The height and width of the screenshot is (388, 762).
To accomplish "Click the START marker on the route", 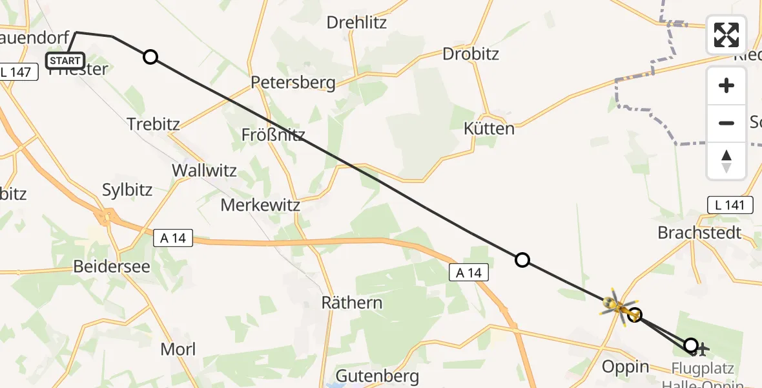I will (x=65, y=61).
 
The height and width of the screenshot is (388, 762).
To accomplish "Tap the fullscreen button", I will (x=726, y=35).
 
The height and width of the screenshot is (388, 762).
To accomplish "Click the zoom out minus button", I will (x=726, y=123).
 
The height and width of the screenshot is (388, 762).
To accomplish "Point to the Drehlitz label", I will (x=356, y=23).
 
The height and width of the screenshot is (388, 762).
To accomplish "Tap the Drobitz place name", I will (x=471, y=54).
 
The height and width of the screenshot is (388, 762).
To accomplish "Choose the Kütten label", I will (x=489, y=129).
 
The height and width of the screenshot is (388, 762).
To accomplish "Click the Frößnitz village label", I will (x=273, y=135).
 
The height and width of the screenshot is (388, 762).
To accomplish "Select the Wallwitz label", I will (x=204, y=171).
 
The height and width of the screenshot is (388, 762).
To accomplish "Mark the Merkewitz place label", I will (x=260, y=206).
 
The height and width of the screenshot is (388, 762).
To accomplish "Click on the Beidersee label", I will (x=112, y=266).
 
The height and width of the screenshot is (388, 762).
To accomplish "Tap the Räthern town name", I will (x=352, y=303).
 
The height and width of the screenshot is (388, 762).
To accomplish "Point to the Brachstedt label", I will (x=699, y=233).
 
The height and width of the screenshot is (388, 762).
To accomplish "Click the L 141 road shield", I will (x=730, y=206).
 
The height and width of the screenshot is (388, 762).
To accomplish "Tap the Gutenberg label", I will (x=378, y=376).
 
